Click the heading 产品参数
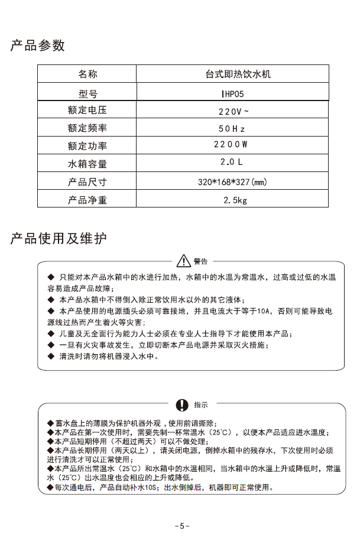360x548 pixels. pyautogui.click(x=37, y=46)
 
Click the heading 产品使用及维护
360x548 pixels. pyautogui.click(x=59, y=239)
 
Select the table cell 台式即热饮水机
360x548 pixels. pyautogui.click(x=233, y=74)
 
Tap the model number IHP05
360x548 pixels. pyautogui.click(x=233, y=92)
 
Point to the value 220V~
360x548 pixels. pyautogui.click(x=233, y=111)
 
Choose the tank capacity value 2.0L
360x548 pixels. pyautogui.click(x=232, y=162)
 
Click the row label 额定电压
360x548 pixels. pyautogui.click(x=87, y=111)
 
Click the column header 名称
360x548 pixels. pyautogui.click(x=87, y=74)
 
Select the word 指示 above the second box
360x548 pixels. pyautogui.click(x=201, y=405)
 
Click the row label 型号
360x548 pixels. pyautogui.click(x=87, y=92)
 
